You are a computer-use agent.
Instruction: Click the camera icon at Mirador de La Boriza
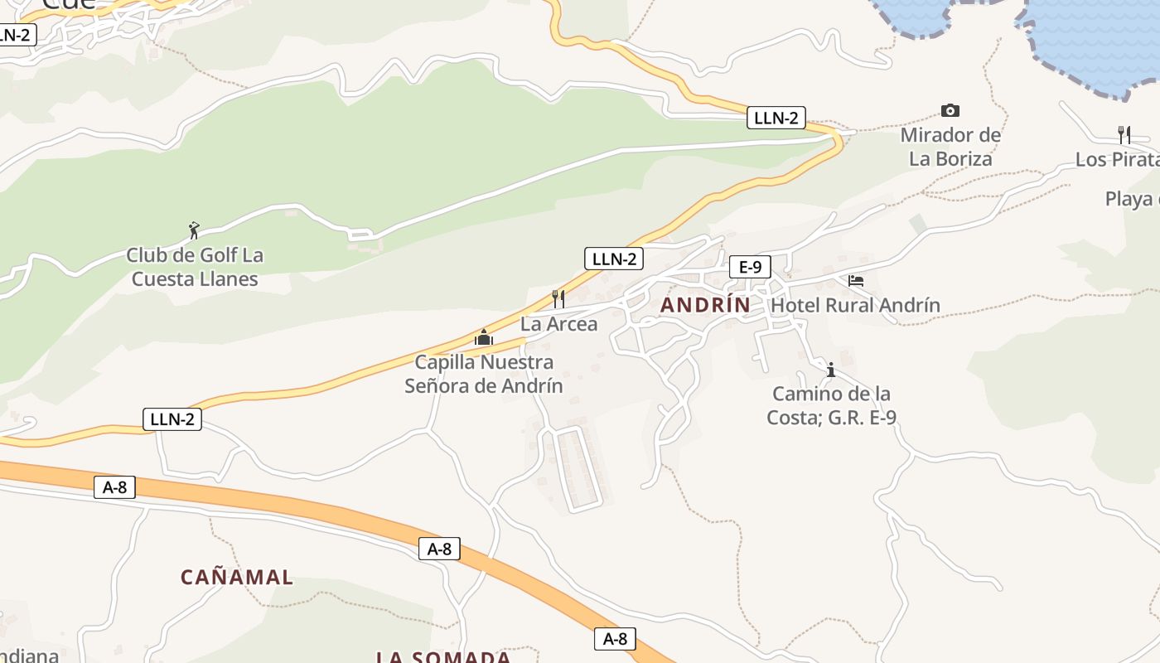[950, 110]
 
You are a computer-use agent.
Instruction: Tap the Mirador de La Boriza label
[950, 147]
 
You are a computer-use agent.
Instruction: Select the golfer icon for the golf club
[194, 230]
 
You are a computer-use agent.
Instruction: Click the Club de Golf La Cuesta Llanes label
[195, 267]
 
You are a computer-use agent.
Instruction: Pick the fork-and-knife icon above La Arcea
[558, 298]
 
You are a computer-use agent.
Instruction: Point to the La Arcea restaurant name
[558, 324]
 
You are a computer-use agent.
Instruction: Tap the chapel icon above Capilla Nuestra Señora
[483, 337]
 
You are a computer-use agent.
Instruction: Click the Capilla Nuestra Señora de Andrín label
[484, 374]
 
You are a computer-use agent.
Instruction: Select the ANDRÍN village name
[705, 305]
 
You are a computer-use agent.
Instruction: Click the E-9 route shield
[750, 267]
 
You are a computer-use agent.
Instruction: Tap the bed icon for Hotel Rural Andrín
[856, 281]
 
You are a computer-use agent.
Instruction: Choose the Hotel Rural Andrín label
[855, 305]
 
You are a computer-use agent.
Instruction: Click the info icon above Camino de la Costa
[831, 370]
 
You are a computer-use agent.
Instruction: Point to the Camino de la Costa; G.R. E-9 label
[831, 405]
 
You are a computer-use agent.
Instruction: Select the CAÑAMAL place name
[237, 578]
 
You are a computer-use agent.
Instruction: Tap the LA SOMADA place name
[443, 656]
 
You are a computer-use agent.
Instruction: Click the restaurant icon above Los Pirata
[1124, 134]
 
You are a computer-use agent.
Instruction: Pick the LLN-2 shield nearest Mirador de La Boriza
[776, 118]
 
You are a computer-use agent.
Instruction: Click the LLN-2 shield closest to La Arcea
[613, 259]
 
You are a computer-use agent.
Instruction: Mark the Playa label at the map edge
[1132, 199]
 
